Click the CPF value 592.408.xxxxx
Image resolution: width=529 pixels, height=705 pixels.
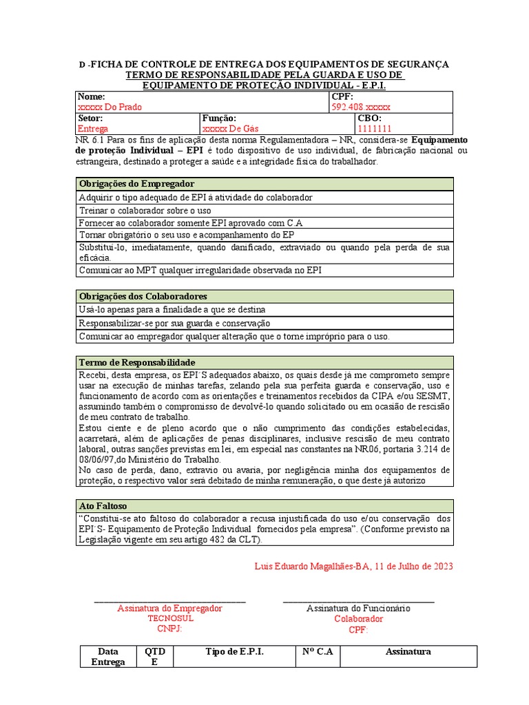pos(361,107)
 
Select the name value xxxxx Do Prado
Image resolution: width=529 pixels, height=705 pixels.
pos(110,107)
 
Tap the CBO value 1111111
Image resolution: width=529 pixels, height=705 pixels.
pos(374,129)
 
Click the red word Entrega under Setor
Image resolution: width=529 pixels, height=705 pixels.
pos(93,129)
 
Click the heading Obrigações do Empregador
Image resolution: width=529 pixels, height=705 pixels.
pos(137,184)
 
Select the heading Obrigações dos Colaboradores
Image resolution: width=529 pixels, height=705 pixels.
pos(143,296)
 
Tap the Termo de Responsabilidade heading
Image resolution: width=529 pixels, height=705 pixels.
pos(138,362)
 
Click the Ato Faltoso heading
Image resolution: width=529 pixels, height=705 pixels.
pos(103,505)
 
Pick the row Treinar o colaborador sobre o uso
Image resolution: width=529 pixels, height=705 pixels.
pos(145,210)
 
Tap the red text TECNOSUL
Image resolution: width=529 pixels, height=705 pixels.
pos(170,618)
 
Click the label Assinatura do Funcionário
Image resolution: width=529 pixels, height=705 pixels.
pos(358,608)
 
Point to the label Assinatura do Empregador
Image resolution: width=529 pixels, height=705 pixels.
pos(170,608)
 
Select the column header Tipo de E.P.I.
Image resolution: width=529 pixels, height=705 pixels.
pos(235,651)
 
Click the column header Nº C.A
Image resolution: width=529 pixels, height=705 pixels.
pos(317,651)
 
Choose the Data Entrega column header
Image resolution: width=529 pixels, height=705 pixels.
pos(108,657)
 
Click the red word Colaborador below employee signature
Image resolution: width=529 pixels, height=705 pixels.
pos(358,618)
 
